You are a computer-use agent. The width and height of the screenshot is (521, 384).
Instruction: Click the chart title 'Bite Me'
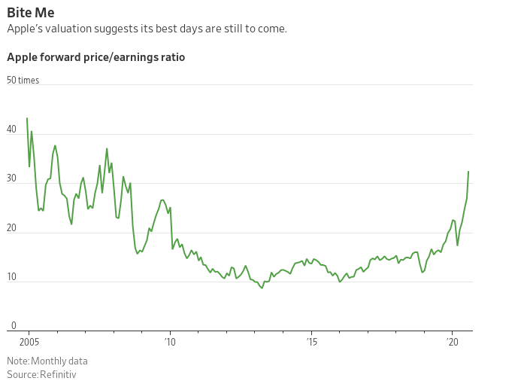coord(30,12)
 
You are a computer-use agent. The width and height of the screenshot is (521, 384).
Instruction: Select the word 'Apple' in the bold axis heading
coord(23,57)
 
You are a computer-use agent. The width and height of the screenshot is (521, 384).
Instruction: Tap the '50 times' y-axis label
coord(23,80)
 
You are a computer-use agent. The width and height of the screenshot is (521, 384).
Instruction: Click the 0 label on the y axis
coord(14,326)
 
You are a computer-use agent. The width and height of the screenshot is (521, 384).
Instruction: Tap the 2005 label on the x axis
coord(17,342)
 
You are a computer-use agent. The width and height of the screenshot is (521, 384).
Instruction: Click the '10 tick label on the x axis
coord(170,342)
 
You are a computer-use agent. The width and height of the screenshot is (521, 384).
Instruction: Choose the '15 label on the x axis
coord(312,342)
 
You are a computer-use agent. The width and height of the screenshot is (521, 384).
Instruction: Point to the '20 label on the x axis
coord(453,342)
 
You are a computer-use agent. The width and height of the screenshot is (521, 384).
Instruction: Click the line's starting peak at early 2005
coord(27,118)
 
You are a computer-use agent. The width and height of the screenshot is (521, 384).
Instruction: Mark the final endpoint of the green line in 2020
coord(468,172)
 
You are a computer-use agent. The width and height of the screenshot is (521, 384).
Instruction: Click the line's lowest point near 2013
coord(262,288)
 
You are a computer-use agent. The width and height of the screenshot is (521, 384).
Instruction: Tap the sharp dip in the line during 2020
coord(458,245)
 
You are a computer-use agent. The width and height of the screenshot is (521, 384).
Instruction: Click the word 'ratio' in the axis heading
coord(171,57)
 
